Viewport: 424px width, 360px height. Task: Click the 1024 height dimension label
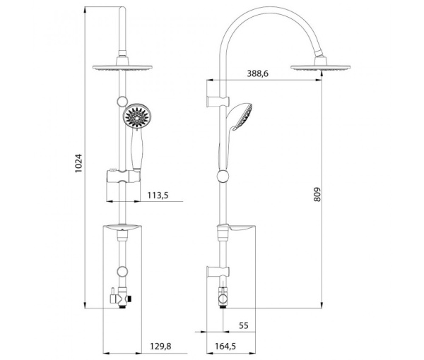coord(79,164)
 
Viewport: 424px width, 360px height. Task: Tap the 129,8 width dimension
coord(160,346)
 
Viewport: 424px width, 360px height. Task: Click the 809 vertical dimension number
coord(317,194)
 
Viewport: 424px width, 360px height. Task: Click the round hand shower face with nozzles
coord(136,117)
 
